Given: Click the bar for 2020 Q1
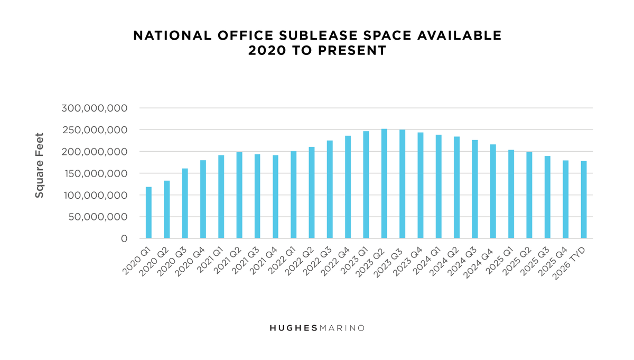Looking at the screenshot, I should pyautogui.click(x=148, y=213).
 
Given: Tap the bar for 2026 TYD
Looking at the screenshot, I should pyautogui.click(x=584, y=200).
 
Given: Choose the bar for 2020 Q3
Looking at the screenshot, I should pyautogui.click(x=185, y=204).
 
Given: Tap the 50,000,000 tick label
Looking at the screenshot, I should pyautogui.click(x=98, y=217).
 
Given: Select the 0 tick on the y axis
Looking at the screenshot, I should pyautogui.click(x=124, y=239).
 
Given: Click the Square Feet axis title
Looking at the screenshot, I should pyautogui.click(x=40, y=165).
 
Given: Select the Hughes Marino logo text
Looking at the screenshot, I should pyautogui.click(x=317, y=328).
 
